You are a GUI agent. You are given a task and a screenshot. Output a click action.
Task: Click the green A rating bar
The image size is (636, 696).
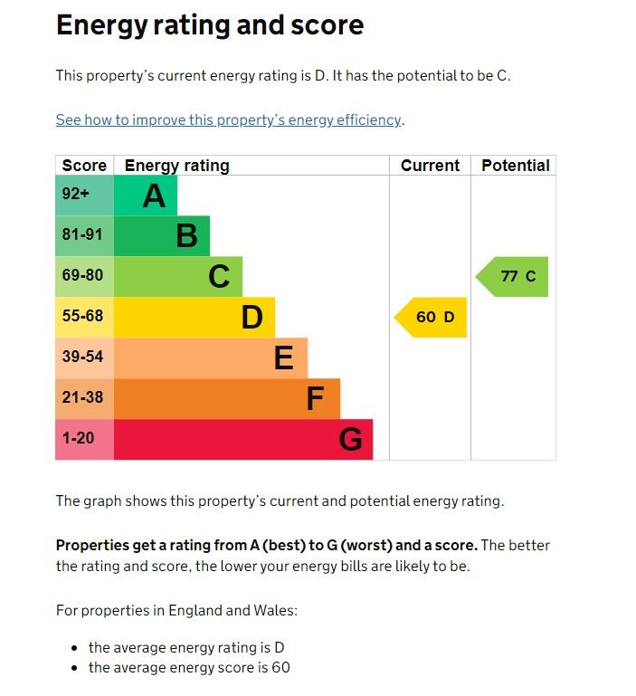coord(146,195)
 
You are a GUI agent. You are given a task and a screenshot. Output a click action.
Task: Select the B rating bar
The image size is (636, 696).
coord(162,236)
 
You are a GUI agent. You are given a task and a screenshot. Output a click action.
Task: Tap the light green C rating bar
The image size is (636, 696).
coord(178,276)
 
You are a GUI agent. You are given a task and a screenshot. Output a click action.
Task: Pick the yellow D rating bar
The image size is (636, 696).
coord(195,317)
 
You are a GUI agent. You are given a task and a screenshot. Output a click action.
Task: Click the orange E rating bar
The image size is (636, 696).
coord(211,358)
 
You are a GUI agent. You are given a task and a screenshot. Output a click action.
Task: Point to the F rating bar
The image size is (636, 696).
coord(227,398)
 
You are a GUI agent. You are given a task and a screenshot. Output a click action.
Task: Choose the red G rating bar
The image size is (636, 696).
coord(243,439)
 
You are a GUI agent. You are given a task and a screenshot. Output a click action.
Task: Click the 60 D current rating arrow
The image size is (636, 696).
coord(432,317)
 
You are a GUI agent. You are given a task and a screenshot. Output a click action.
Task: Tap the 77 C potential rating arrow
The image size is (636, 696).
coord(513,276)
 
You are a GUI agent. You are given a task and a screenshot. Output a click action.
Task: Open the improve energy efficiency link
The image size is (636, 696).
coord(229,120)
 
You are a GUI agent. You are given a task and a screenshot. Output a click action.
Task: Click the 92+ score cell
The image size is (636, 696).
coord(84,195)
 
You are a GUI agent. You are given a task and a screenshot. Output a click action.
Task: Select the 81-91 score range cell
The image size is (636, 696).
coord(84,236)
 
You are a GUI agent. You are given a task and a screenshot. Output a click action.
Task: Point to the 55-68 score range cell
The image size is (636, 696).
coord(84,317)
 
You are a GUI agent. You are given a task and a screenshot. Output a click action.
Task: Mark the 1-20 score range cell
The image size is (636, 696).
coord(84,439)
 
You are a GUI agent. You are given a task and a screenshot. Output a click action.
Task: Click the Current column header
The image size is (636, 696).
coord(430,166)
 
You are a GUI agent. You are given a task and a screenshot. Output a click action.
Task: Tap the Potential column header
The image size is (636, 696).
coord(515,166)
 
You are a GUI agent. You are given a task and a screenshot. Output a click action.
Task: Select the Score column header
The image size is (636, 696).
coord(84,166)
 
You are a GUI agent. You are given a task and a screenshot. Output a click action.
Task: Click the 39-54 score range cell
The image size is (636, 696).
coord(84,358)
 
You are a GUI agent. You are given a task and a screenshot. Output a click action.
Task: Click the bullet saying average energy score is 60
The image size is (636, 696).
coord(189,668)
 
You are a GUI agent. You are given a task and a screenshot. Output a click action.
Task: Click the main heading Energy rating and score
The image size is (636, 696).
coord(210,25)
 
